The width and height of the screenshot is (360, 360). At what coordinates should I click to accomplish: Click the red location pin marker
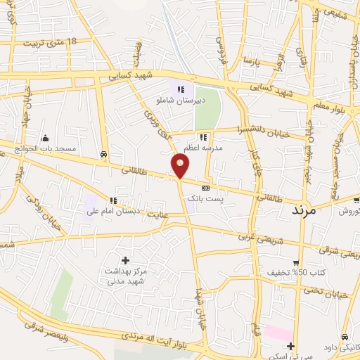point(181,166)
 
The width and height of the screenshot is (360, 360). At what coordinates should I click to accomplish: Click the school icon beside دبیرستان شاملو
point(181,89)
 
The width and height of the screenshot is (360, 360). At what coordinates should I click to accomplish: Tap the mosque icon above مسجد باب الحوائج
point(46,138)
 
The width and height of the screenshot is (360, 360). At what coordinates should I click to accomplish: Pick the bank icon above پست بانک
point(205,188)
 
